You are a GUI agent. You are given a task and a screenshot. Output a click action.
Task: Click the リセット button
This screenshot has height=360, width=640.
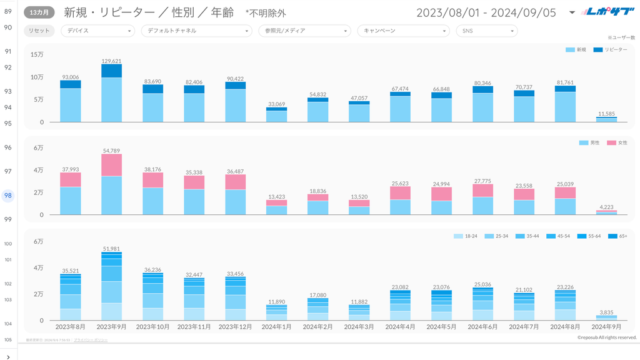click(39, 31)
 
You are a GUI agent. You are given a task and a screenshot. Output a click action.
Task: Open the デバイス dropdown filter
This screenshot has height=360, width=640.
click(97, 31)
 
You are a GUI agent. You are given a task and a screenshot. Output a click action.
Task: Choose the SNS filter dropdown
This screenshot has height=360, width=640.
click(486, 31)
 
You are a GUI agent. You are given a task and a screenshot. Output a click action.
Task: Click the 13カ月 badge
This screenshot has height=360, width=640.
click(39, 12)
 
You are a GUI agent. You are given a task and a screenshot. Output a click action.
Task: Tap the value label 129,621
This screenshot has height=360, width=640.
click(111, 61)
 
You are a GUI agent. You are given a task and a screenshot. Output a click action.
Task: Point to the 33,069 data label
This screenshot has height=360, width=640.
click(276, 104)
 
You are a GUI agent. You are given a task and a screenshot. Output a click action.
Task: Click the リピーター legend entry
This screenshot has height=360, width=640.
click(610, 49)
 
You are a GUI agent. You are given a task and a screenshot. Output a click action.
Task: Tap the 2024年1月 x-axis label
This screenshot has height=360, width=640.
click(276, 327)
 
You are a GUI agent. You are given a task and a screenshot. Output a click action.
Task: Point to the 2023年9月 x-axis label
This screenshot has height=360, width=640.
click(111, 327)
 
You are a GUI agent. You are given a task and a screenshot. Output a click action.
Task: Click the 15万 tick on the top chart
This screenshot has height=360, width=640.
click(37, 54)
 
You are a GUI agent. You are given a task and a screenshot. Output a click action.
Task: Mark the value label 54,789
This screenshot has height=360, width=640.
click(111, 151)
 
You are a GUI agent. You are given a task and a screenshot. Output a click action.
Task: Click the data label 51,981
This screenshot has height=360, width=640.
click(111, 249)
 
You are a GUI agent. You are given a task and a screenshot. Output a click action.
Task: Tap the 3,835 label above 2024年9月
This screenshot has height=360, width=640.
click(606, 312)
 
